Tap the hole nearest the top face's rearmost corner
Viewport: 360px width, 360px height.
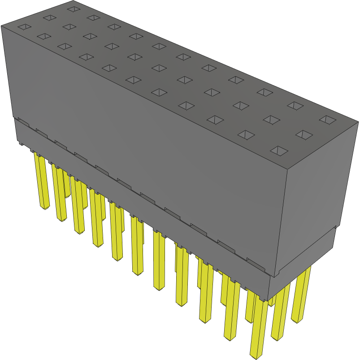tap(73, 8)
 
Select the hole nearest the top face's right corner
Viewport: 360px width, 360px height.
tap(328, 120)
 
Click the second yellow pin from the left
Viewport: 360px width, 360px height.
tap(59, 193)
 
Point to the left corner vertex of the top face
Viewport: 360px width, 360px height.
tap(1, 26)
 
